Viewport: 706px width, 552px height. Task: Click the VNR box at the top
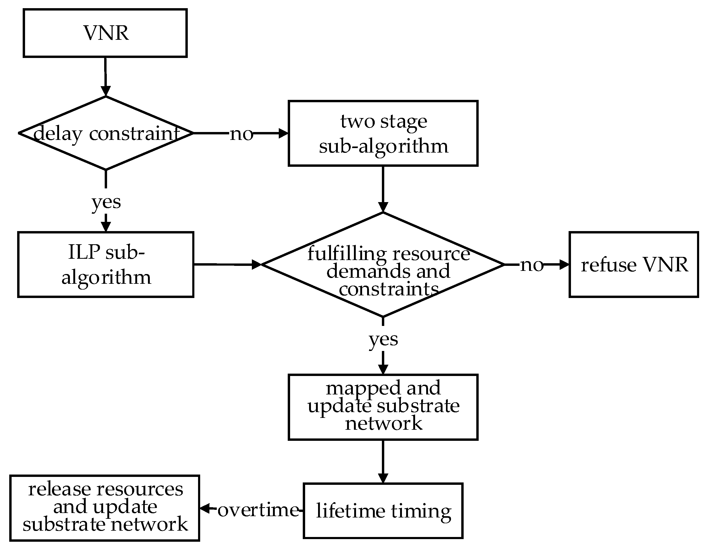pyautogui.click(x=105, y=33)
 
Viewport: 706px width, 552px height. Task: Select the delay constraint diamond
pyautogui.click(x=106, y=133)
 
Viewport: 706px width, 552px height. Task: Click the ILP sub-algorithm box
pyautogui.click(x=106, y=264)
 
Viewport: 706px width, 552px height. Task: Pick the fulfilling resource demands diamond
pyautogui.click(x=383, y=264)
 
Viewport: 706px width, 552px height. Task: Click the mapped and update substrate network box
pyautogui.click(x=383, y=407)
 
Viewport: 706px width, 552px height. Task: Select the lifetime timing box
pyautogui.click(x=383, y=511)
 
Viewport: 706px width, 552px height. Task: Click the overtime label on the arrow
pyautogui.click(x=258, y=510)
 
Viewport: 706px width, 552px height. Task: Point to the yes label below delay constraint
pyautogui.click(x=106, y=202)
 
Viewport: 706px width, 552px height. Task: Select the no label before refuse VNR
pyautogui.click(x=531, y=265)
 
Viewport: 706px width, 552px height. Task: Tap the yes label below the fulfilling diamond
pyautogui.click(x=383, y=339)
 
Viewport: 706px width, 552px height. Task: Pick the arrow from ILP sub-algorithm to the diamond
pyautogui.click(x=226, y=264)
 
